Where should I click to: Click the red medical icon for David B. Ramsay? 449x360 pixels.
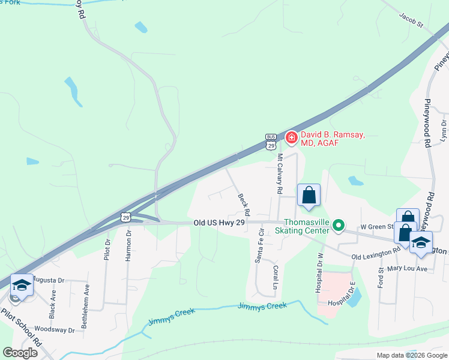tap(292, 139)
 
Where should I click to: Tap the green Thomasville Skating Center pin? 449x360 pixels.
tap(339, 226)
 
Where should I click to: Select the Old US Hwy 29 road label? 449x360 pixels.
tap(219, 223)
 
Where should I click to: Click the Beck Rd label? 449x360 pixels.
tap(244, 205)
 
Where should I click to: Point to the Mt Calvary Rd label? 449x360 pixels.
tap(280, 173)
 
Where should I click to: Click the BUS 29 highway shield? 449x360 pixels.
tap(271, 142)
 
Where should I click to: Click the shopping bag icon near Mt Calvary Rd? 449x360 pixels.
tap(309, 196)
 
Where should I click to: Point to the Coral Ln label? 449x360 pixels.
tap(276, 277)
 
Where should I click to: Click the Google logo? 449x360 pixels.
tap(20, 353)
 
